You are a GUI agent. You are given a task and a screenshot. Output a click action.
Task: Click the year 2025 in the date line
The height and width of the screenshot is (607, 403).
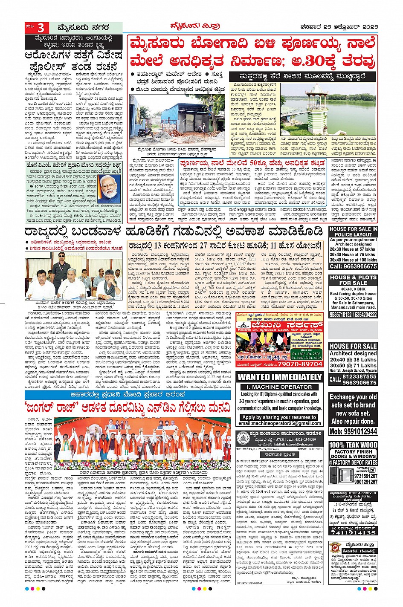point(369,27)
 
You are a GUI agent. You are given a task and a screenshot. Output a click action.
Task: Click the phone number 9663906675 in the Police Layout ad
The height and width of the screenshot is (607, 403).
point(354,266)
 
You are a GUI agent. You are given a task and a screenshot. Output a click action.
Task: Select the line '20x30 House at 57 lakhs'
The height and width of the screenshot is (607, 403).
point(353,249)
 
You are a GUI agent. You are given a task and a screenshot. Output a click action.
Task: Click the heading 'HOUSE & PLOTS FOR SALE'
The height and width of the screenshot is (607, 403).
point(353,280)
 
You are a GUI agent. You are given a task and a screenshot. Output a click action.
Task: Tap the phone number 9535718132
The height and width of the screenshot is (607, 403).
point(341,315)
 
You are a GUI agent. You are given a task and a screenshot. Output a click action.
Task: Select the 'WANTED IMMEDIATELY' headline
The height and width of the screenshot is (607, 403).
point(279,377)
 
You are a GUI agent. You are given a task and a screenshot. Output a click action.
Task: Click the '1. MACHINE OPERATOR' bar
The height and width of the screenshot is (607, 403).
point(279,387)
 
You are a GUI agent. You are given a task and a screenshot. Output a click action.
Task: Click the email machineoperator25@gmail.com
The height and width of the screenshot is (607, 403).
point(280,423)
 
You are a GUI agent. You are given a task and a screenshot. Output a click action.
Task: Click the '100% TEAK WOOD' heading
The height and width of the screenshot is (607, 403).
point(353,445)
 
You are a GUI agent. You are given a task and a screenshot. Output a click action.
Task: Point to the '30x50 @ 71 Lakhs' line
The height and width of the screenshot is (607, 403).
point(353,366)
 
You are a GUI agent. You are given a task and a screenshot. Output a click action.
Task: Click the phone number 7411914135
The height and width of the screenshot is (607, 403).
point(353,533)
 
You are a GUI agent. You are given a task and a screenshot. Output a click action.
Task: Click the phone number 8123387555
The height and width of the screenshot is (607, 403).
point(360,377)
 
